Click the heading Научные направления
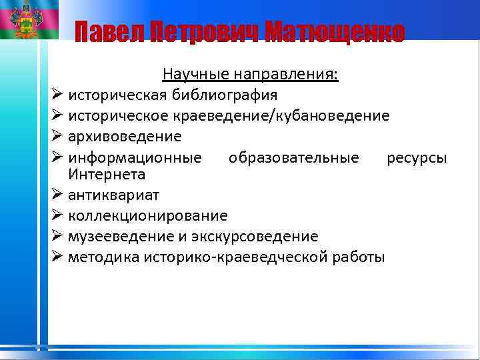[x=250, y=74]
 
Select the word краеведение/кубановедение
[x=290, y=116]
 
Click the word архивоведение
[x=125, y=137]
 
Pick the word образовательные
[x=293, y=158]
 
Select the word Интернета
[x=107, y=174]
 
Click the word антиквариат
[x=113, y=195]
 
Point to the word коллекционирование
[x=147, y=216]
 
